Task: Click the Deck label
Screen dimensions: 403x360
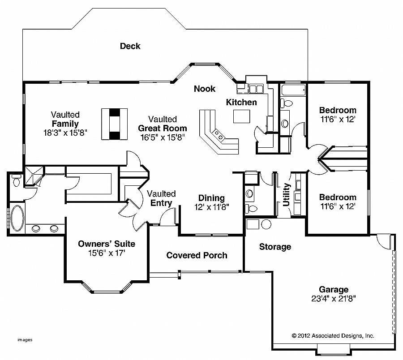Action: tap(130, 46)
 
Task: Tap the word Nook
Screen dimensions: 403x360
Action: tap(205, 89)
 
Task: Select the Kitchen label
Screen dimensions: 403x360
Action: tap(241, 102)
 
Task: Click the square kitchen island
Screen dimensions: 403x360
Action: tap(242, 116)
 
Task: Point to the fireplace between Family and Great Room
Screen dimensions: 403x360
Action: tap(114, 124)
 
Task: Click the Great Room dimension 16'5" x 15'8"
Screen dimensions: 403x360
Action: tap(163, 137)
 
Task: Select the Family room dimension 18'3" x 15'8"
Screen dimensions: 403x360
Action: tap(65, 133)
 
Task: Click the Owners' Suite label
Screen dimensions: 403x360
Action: tap(107, 244)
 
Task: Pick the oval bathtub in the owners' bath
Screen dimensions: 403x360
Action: tap(17, 218)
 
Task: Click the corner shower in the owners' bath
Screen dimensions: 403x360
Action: tap(34, 176)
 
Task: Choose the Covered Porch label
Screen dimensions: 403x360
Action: tap(197, 255)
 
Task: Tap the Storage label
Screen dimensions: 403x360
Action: tap(275, 247)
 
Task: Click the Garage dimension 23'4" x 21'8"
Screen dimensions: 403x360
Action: tap(334, 299)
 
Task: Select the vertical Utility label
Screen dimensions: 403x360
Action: tap(286, 194)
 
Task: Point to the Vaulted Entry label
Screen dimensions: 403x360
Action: tap(161, 198)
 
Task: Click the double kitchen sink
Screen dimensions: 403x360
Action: tap(256, 89)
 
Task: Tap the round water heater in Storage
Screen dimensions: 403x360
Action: tap(266, 224)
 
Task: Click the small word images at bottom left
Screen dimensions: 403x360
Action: tap(25, 340)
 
